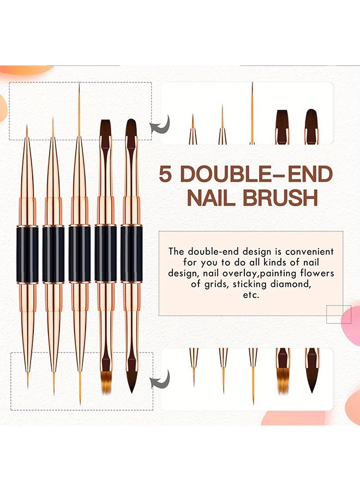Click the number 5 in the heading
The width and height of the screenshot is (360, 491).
tap(165, 174)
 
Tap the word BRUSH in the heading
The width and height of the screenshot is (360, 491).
tap(280, 197)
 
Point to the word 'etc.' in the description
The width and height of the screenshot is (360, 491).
tap(251, 295)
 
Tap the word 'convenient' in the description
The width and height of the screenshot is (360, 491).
tap(309, 252)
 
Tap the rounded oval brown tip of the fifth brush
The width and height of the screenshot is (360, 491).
tap(130, 128)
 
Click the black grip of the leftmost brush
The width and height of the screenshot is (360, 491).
tap(27, 254)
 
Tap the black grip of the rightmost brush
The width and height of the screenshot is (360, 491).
tap(131, 254)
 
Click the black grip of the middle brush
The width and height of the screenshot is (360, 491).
tap(80, 254)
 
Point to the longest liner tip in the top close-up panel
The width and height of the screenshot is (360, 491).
tap(252, 113)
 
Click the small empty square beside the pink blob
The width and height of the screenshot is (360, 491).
tap(339, 314)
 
